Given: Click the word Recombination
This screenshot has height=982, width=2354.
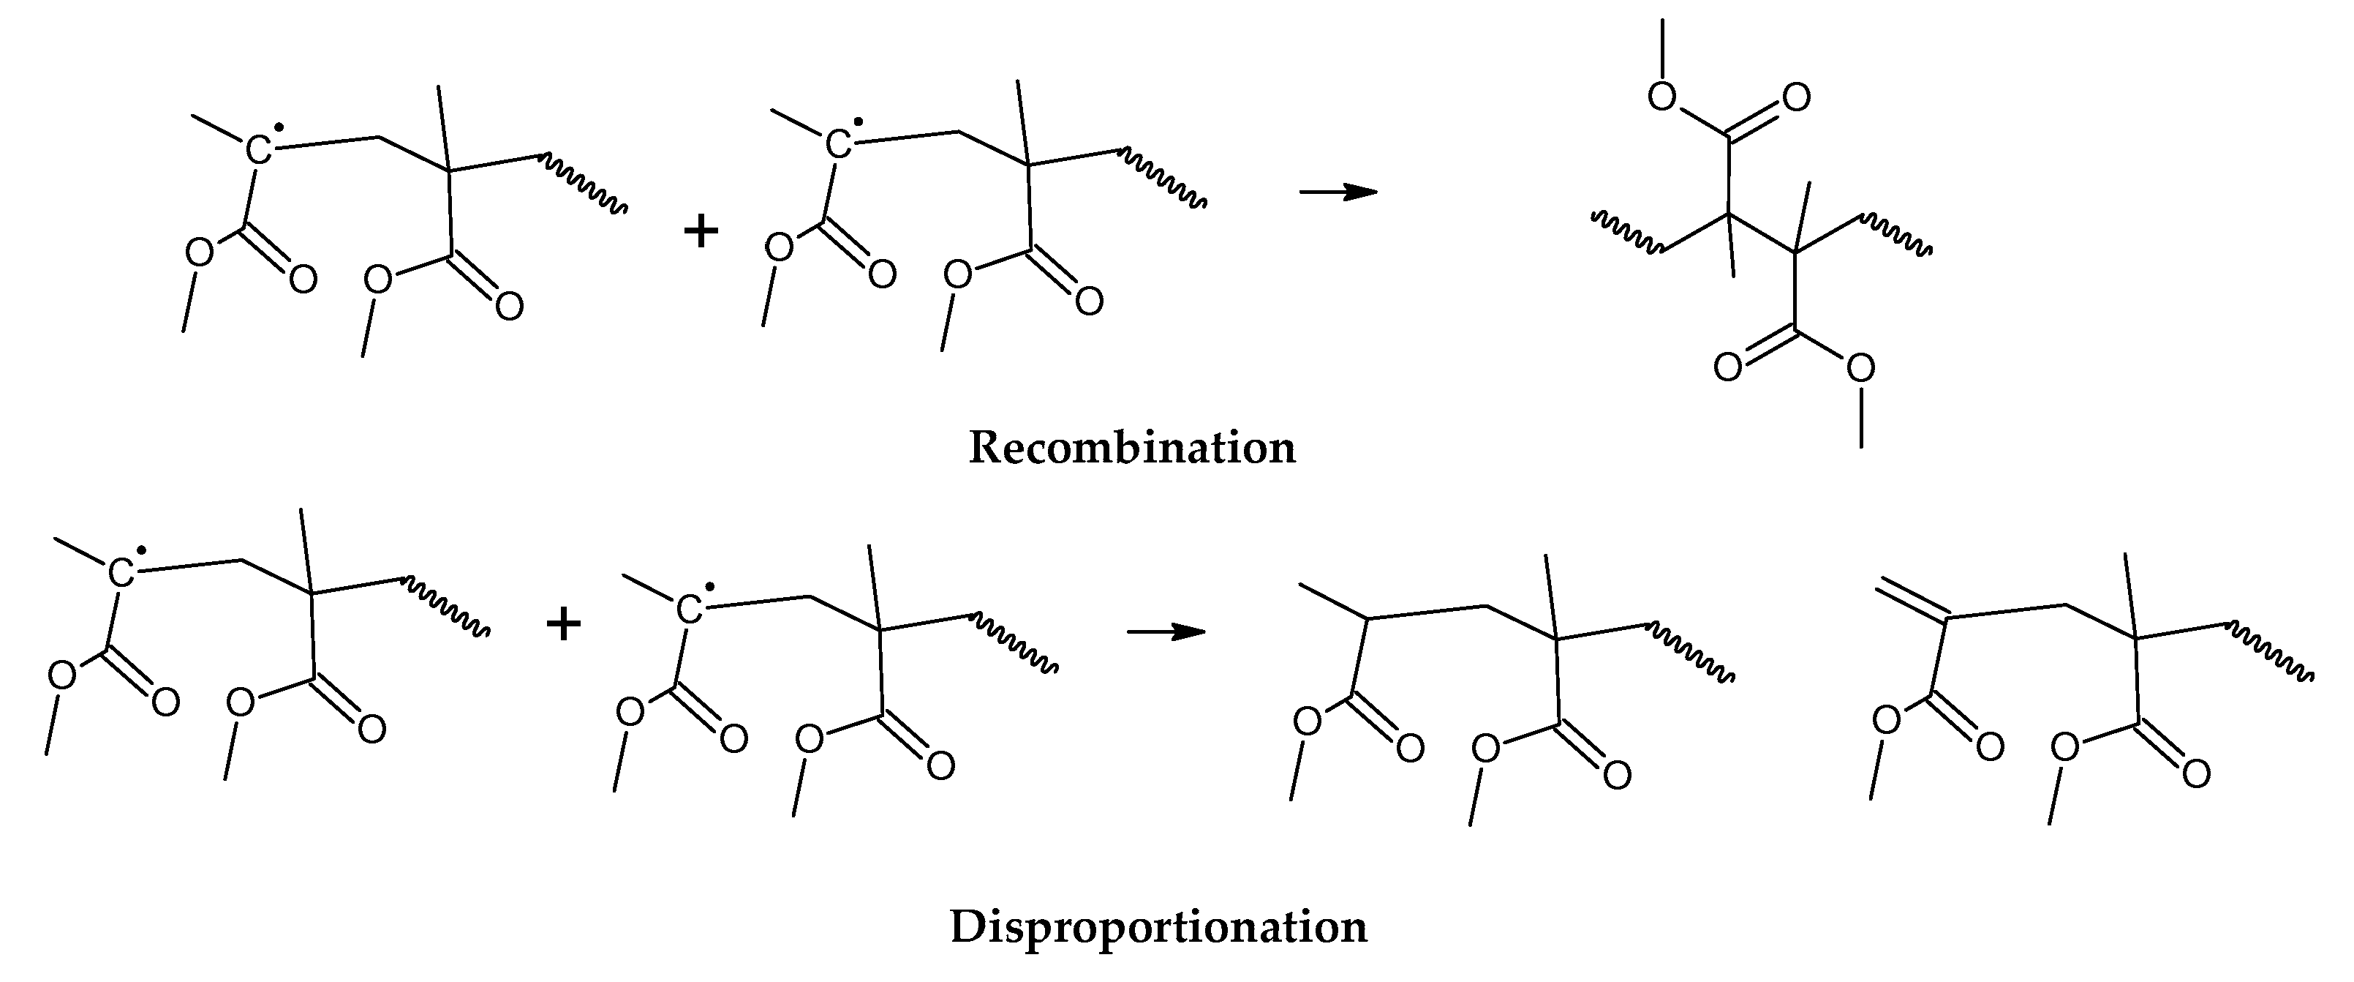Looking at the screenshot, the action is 1131,448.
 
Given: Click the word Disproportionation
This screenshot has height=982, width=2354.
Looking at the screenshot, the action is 1159,926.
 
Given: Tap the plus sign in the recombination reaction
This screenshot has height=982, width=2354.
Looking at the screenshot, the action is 701,231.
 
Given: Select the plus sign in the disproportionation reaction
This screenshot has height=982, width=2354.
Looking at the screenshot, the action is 563,626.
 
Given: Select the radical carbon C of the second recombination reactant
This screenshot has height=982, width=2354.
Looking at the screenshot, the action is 839,143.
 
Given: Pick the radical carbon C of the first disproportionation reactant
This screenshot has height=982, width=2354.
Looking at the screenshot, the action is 121,573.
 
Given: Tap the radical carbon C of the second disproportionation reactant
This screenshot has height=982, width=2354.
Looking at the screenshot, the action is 690,608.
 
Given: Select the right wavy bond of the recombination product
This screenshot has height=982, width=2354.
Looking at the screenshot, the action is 1897,234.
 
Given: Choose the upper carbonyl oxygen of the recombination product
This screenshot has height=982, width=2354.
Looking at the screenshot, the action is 1795,97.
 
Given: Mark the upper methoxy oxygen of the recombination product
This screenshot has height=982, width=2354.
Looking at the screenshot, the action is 1662,96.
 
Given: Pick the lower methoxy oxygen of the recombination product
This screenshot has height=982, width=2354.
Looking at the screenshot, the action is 1860,369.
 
